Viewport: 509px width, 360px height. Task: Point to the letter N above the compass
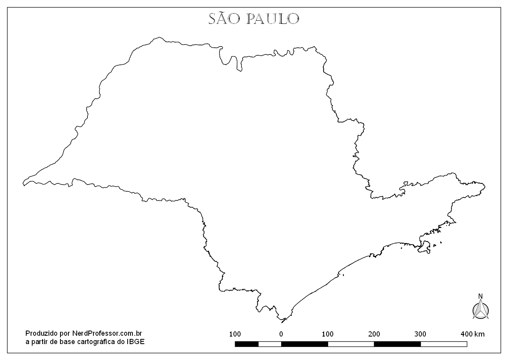tap(480, 296)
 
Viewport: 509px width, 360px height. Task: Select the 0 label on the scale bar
tap(281, 334)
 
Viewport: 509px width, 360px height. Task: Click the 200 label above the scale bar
tap(374, 334)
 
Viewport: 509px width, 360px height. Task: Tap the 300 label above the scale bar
tap(420, 334)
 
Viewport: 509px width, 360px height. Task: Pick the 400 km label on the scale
tap(472, 334)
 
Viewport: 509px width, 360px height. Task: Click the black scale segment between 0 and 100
tap(304, 344)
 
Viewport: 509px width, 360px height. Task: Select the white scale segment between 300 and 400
tap(444, 344)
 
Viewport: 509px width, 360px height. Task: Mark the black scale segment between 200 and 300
tap(397, 344)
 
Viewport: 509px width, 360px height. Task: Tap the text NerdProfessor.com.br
tap(107, 333)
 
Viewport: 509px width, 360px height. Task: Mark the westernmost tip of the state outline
tap(23, 184)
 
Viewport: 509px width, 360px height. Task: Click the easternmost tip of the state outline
tap(485, 186)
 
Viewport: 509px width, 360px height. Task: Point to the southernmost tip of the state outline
tap(282, 322)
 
